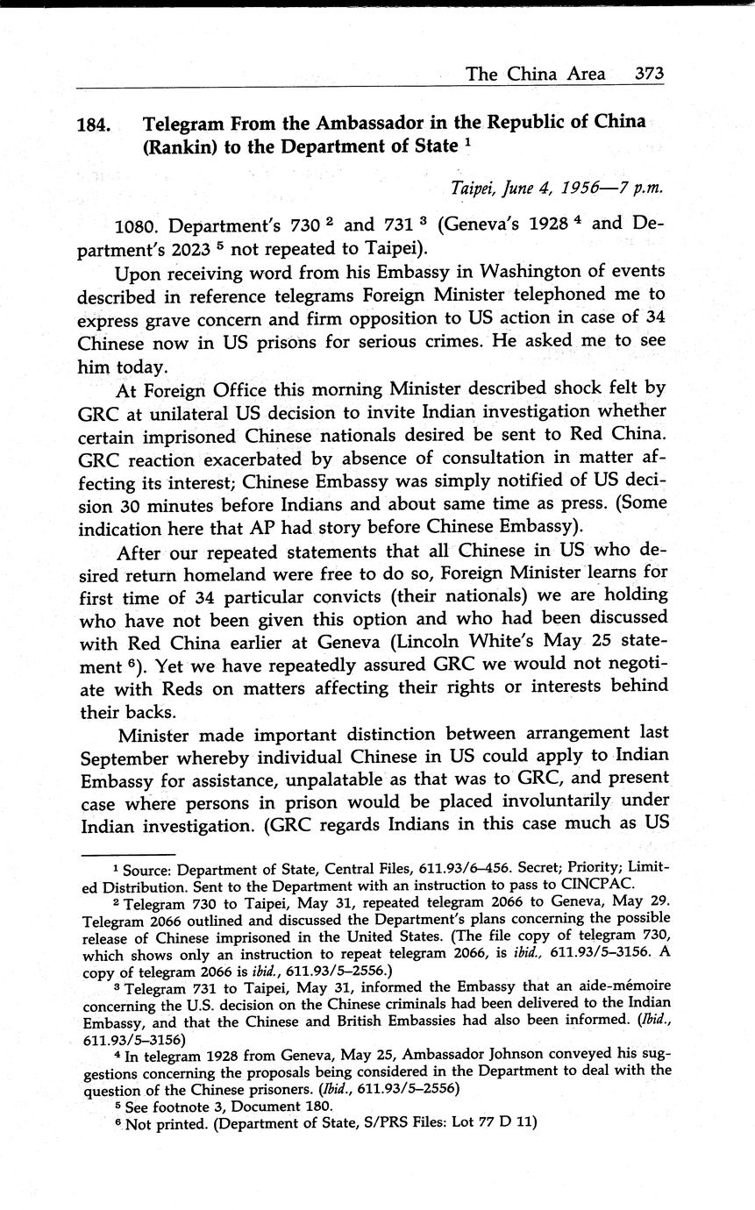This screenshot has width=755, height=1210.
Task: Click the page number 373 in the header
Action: point(649,74)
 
